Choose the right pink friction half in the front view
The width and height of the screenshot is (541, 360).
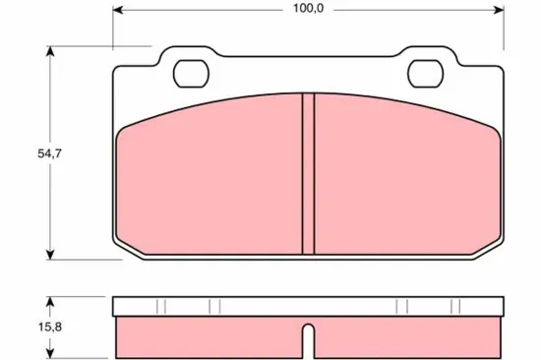tap(403, 177)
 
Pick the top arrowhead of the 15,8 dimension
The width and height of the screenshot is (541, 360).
tap(49, 300)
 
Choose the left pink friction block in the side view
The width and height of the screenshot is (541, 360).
tap(207, 335)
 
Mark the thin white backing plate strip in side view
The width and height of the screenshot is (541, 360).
tap(308, 306)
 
